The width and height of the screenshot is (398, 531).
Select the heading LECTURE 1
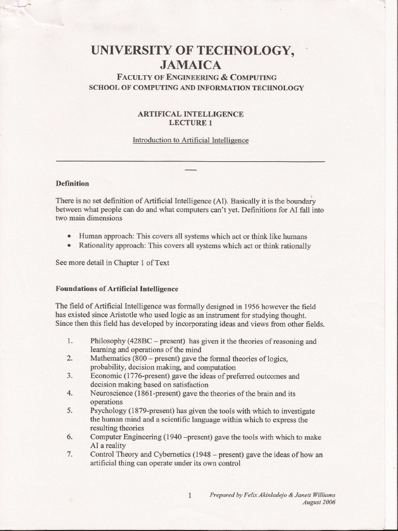coord(190,123)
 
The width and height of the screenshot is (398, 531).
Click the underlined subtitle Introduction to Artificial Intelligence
coord(191,140)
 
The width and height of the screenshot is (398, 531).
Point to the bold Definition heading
coord(72,183)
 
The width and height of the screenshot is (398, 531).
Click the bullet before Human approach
coord(69,236)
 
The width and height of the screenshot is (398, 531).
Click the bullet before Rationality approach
coord(69,246)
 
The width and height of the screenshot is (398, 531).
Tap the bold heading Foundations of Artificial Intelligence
coord(117,288)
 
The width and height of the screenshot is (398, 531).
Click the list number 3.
coord(69,375)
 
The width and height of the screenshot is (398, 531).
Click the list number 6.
coord(69,437)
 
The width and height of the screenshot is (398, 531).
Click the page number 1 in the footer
coord(190,496)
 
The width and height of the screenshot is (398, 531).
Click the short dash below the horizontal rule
coord(190,170)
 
